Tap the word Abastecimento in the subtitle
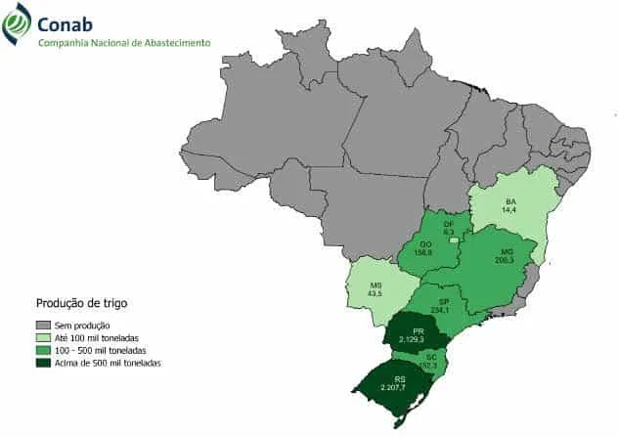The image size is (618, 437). click(175, 43)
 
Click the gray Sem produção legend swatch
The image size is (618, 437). click(43, 325)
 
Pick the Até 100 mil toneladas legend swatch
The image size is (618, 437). click(43, 337)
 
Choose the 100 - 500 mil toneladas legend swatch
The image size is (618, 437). click(43, 350)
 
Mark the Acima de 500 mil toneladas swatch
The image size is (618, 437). click(43, 363)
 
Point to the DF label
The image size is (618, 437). click(449, 223)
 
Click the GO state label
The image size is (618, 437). click(425, 243)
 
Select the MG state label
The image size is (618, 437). click(505, 251)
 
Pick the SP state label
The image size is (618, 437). click(444, 301)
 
